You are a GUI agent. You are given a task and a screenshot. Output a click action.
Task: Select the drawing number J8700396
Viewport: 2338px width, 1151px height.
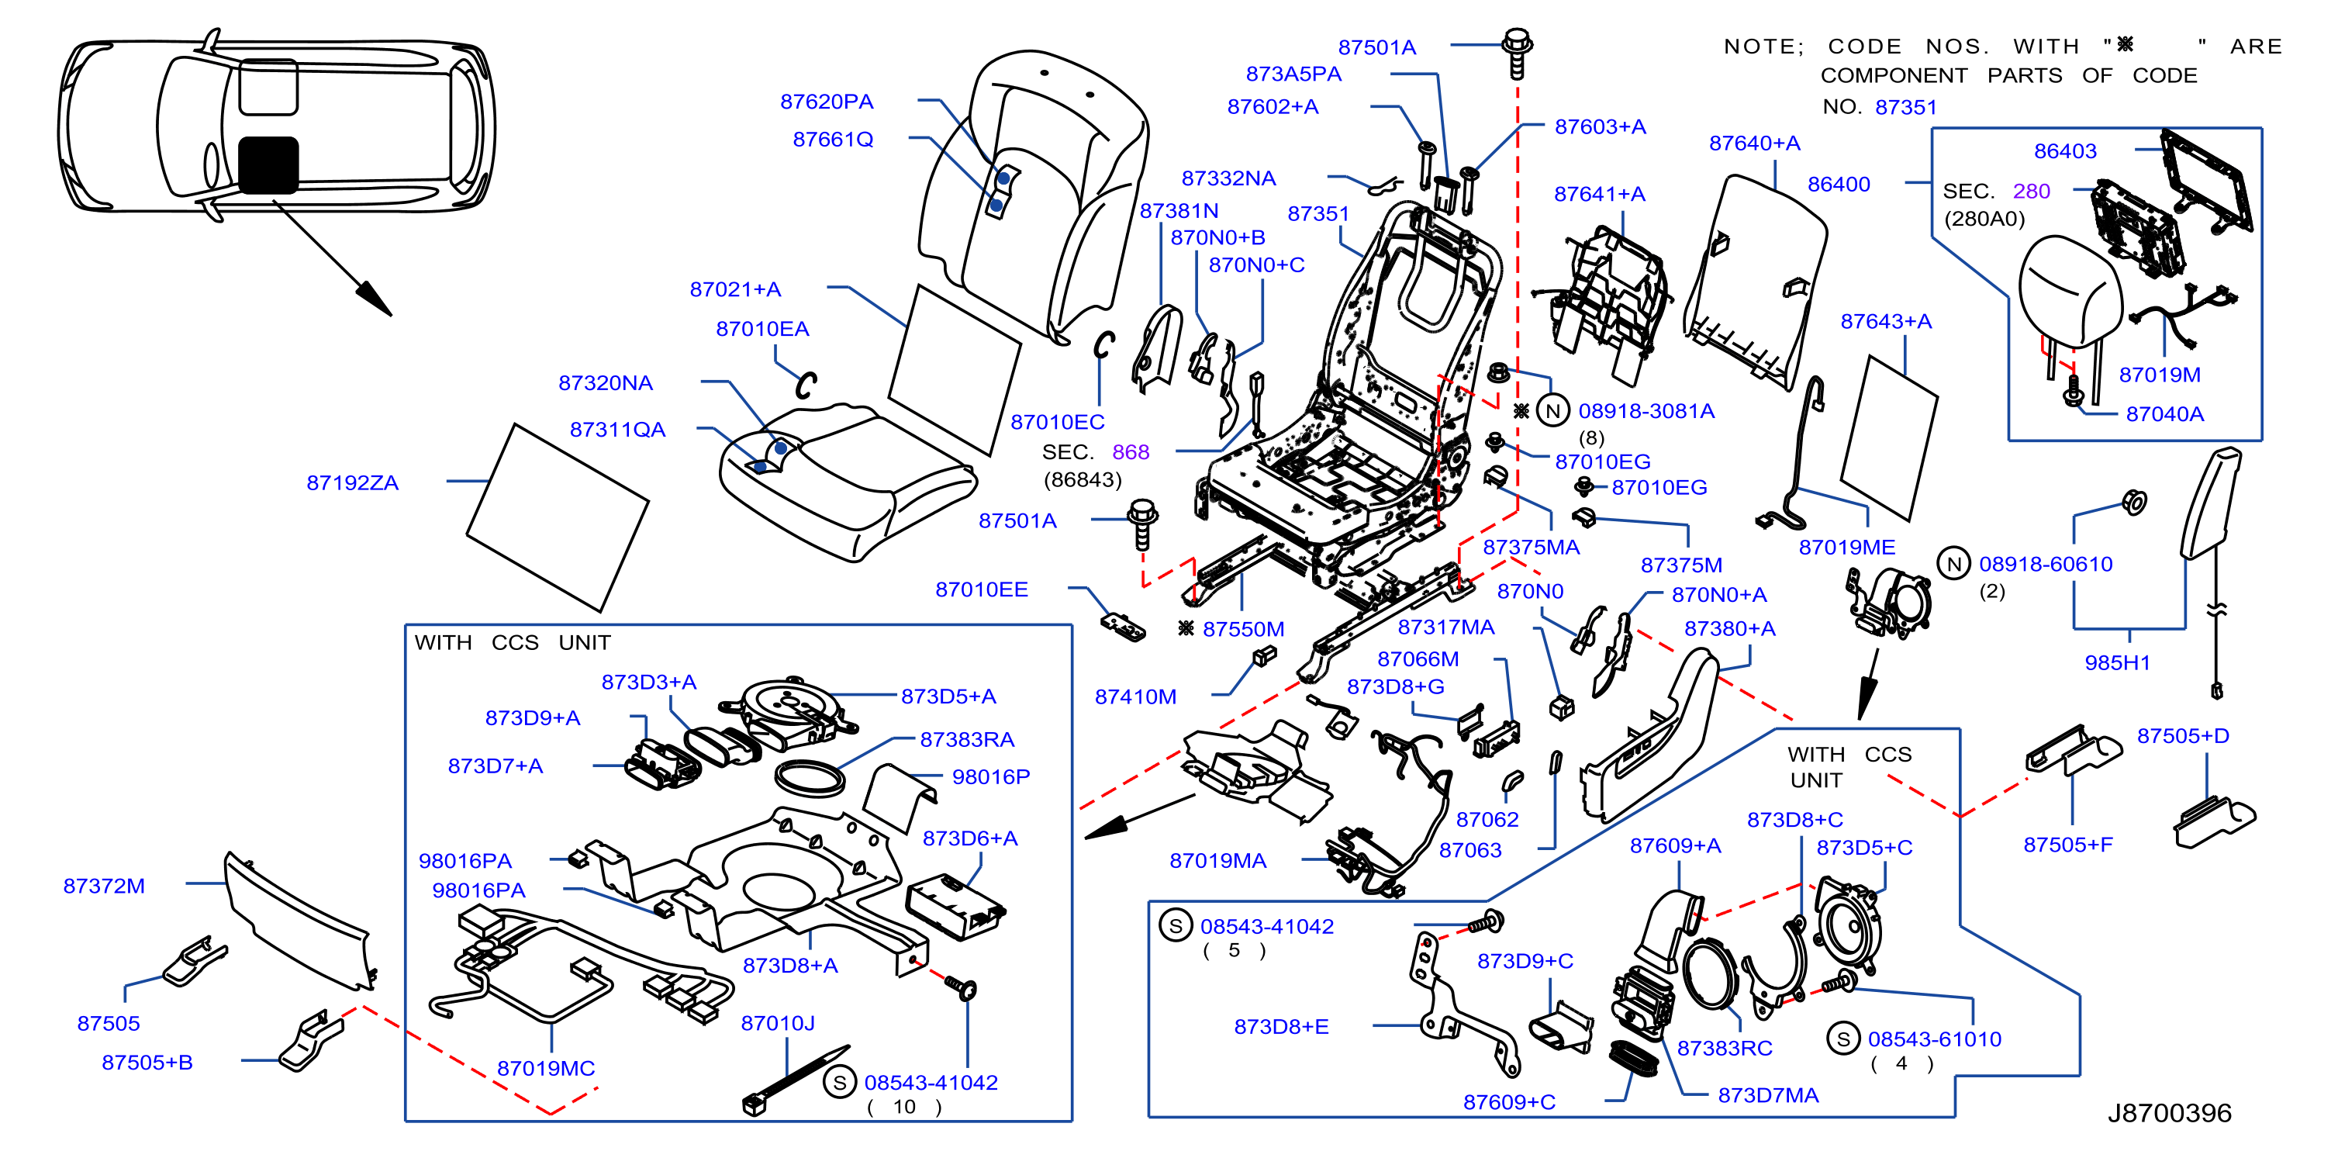coord(2169,1112)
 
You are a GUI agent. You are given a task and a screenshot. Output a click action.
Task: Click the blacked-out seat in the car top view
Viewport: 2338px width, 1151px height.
coord(268,165)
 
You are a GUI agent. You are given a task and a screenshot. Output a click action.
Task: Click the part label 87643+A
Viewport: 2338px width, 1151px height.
coord(1886,320)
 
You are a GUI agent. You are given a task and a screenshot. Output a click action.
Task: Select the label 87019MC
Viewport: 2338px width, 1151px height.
coord(545,1067)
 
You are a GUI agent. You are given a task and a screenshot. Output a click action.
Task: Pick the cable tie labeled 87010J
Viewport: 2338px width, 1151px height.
coord(794,1081)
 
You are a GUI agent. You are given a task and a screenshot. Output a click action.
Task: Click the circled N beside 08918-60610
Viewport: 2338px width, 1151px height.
coord(1953,564)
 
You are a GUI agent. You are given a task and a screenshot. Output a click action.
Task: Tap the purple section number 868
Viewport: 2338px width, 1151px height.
coord(1130,451)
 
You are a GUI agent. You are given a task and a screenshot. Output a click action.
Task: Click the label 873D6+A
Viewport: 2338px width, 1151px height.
coord(969,837)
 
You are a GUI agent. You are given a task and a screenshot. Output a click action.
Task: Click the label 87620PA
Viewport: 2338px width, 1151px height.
coord(826,101)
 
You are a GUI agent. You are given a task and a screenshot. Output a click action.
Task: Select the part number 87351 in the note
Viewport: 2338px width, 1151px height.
coord(1906,106)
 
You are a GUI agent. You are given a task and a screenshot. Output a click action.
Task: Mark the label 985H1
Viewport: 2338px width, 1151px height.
coord(2118,662)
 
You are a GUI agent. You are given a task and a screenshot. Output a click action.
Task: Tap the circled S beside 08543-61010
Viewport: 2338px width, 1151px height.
coord(1842,1038)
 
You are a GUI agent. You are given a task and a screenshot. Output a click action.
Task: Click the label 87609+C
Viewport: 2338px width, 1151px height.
coord(1508,1101)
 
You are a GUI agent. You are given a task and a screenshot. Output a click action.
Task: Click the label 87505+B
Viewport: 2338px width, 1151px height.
coord(147,1061)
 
